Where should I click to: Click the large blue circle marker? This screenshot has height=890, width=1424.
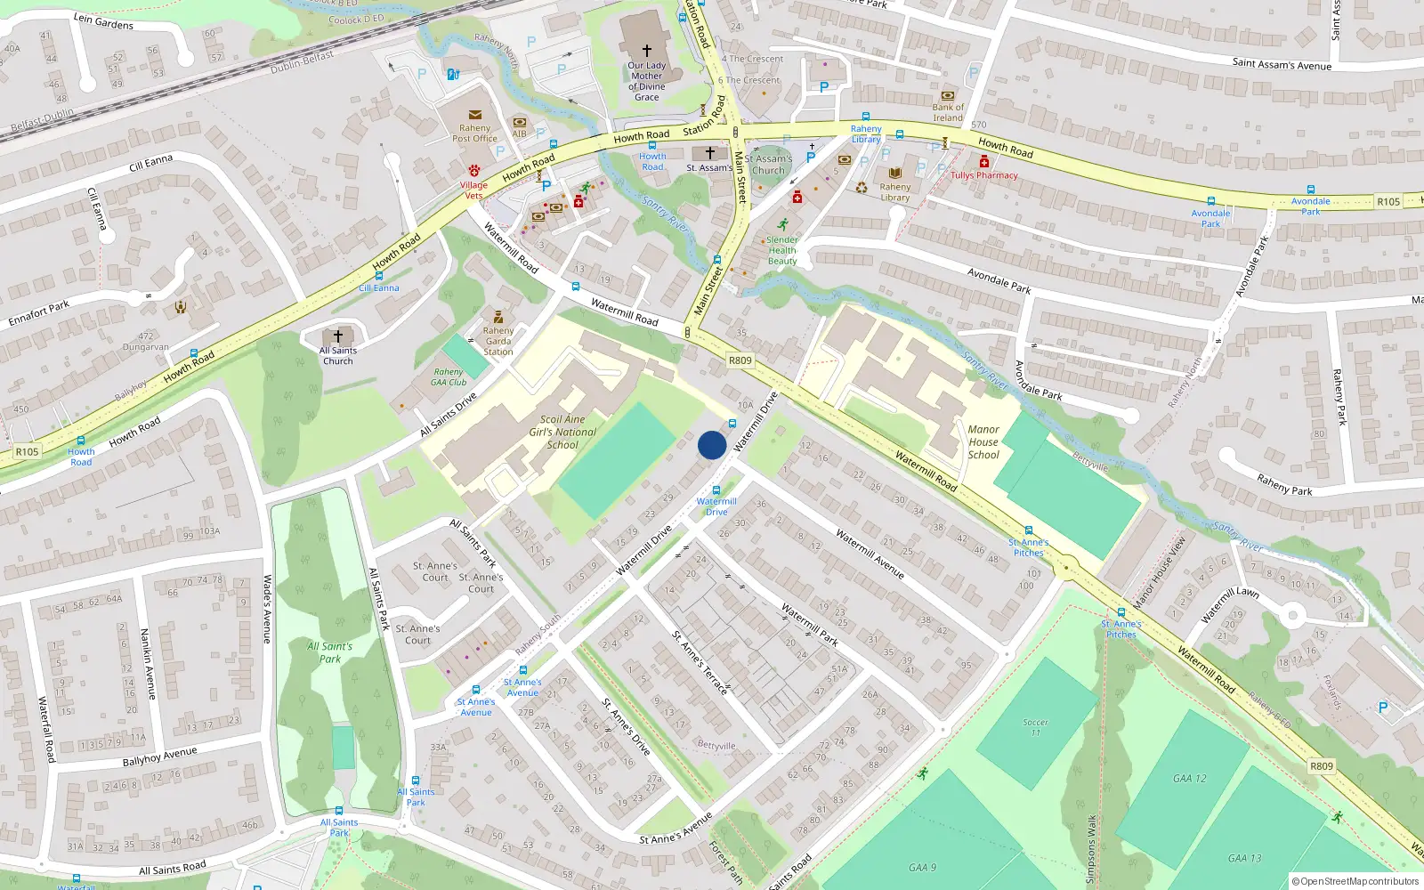(712, 445)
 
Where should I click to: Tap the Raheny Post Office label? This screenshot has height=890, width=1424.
(474, 133)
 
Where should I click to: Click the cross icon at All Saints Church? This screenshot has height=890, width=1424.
(337, 336)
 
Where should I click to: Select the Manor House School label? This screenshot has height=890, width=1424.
(983, 442)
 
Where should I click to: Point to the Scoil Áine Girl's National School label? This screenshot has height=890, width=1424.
(562, 432)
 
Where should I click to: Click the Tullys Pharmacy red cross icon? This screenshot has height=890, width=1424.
(983, 162)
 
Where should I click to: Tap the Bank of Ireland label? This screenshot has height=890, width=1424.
(948, 112)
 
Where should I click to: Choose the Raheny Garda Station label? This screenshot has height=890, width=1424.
(498, 341)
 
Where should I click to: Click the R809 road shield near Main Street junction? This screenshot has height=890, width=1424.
(740, 360)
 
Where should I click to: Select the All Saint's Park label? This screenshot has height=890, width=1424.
(329, 652)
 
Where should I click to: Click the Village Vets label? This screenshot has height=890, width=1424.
(473, 190)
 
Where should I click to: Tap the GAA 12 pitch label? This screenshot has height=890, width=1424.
(1189, 778)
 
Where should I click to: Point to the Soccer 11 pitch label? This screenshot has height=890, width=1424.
(1035, 727)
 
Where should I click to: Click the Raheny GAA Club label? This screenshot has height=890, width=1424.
(449, 377)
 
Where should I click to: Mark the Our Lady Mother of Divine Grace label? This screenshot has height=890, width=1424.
(647, 81)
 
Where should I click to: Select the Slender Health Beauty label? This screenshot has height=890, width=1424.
(782, 250)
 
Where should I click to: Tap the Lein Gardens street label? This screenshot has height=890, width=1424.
(103, 20)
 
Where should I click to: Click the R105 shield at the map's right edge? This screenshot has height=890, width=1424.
(1388, 202)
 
